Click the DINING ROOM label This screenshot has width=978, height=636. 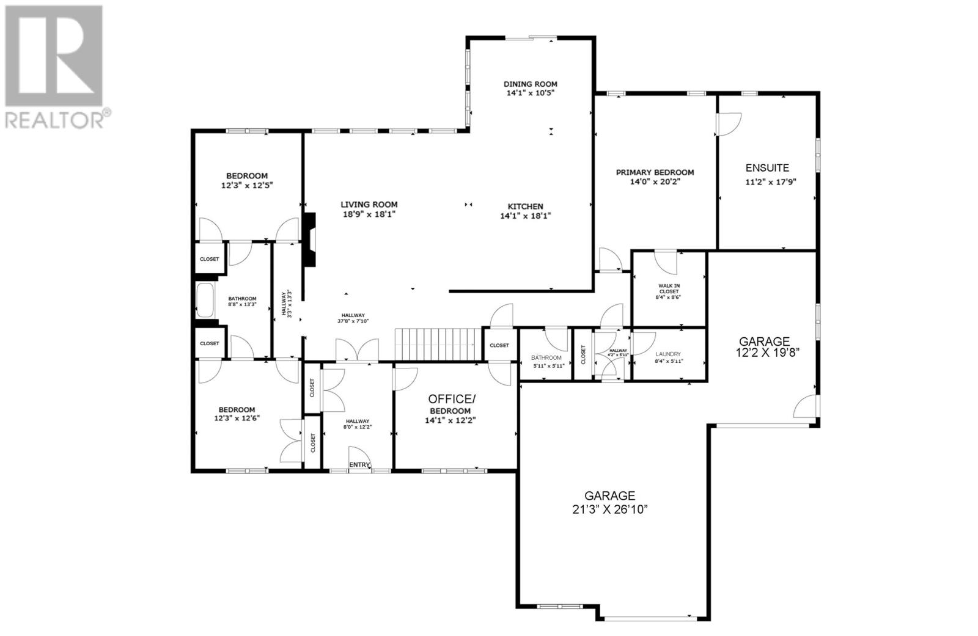coord(530,84)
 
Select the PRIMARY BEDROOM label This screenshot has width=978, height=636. coord(655,172)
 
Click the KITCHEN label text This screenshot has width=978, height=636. coord(525,207)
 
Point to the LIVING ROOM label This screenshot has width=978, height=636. coord(369,205)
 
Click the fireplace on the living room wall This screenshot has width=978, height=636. coord(310,239)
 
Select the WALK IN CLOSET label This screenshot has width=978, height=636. coord(668,288)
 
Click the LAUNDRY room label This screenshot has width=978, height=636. coord(667,354)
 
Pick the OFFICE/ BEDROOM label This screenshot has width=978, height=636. coord(450,398)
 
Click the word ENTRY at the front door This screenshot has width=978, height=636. coord(359,465)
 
